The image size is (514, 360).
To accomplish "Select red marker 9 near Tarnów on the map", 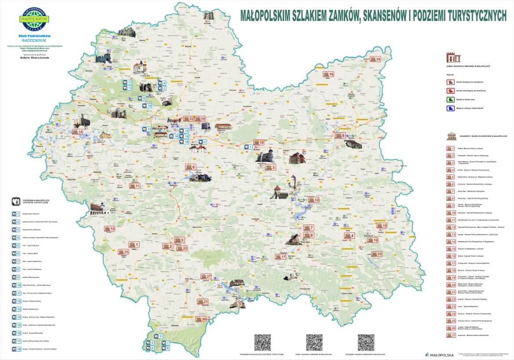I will click(340, 136).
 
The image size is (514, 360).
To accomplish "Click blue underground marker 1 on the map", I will click(249, 147).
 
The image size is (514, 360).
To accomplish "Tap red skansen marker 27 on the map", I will click(206, 276).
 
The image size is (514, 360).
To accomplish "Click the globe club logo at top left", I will click(34, 18).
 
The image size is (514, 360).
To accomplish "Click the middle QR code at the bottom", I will click(314, 342).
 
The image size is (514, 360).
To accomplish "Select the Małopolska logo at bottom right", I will click(439, 354).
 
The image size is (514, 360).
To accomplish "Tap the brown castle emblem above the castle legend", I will click(453, 57).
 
